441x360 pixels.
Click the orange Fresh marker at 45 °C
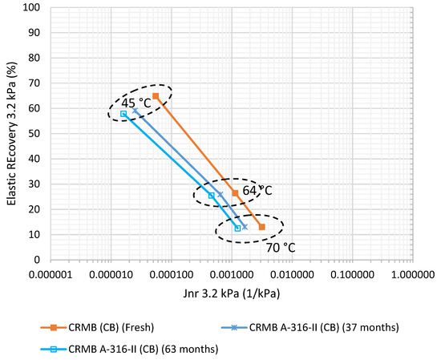(x=156, y=96)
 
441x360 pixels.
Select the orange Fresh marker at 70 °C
(x=261, y=227)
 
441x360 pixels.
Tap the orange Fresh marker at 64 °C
(x=235, y=193)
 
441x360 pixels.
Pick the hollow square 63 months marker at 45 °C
(x=123, y=114)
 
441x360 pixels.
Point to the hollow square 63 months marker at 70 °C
(x=237, y=229)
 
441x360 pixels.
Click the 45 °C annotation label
(x=135, y=103)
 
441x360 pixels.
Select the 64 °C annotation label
(x=258, y=191)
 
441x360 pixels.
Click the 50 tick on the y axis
(x=34, y=134)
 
